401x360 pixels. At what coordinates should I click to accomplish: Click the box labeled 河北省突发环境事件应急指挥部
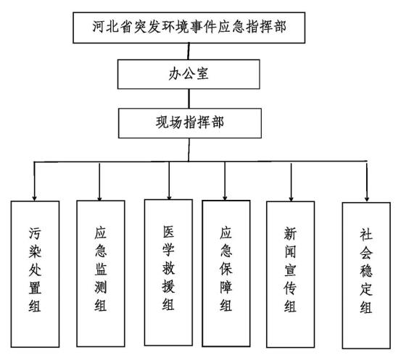(x=189, y=28)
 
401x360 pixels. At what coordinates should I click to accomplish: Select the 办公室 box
(x=189, y=74)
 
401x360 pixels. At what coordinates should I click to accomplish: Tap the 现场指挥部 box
(x=190, y=123)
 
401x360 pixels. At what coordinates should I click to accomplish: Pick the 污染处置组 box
(x=35, y=274)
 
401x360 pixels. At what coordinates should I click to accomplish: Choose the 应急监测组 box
(x=101, y=273)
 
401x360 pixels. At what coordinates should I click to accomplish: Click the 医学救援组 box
(x=168, y=272)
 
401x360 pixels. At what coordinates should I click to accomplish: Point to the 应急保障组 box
(x=226, y=273)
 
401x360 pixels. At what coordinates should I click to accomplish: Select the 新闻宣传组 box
(x=290, y=275)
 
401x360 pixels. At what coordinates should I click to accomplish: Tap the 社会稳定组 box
(x=366, y=275)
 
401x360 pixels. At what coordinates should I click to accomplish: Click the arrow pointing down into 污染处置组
(x=34, y=181)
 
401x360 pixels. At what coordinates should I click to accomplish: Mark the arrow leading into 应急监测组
(x=99, y=182)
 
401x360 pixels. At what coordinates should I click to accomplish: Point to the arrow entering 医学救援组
(x=169, y=180)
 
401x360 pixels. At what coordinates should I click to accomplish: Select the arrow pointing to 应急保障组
(x=225, y=181)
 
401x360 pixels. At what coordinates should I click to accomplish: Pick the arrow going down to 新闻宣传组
(x=291, y=182)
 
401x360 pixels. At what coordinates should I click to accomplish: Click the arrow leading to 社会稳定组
(x=367, y=182)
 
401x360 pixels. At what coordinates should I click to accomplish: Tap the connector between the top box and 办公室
(x=189, y=51)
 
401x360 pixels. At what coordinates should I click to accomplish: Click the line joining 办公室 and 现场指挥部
(x=189, y=99)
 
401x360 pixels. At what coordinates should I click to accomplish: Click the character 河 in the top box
(x=99, y=27)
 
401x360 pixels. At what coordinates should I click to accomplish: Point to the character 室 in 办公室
(x=202, y=74)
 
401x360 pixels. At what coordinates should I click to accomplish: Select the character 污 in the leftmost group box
(x=35, y=233)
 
